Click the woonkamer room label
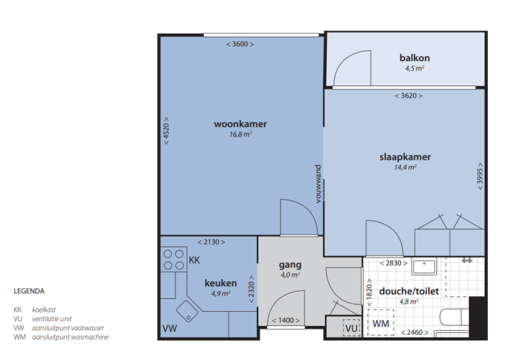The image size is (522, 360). [x=240, y=124]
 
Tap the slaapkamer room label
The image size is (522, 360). [x=405, y=157]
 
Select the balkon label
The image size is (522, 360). [x=415, y=58]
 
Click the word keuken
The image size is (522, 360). [x=221, y=283]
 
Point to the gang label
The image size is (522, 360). [x=290, y=264]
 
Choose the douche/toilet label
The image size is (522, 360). [x=409, y=291]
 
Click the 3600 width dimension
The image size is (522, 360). [x=240, y=44]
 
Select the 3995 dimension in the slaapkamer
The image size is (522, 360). [x=480, y=177]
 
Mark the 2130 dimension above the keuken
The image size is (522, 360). [x=211, y=242]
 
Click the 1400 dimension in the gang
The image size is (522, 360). [x=284, y=320]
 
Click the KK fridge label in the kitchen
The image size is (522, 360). [x=194, y=260]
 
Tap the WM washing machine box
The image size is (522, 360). [x=381, y=324]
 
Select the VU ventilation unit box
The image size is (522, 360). [x=351, y=327]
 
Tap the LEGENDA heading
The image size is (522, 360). [x=29, y=291]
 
